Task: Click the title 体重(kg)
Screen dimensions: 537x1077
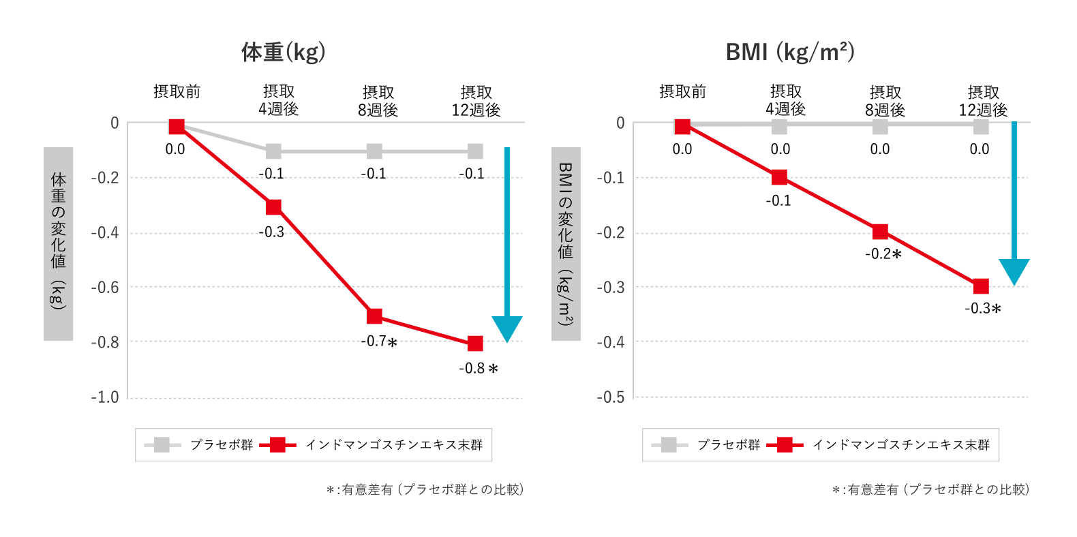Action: click(x=283, y=52)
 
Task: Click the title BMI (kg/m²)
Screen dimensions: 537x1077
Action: click(x=789, y=52)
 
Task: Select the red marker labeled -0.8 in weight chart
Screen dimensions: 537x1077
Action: click(x=475, y=343)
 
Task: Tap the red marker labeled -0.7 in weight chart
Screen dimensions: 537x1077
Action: click(x=374, y=316)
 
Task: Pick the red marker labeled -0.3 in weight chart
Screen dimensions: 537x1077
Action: click(x=273, y=207)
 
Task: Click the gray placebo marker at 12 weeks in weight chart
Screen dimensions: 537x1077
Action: click(x=475, y=151)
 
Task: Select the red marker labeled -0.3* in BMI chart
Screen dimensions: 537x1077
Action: click(x=981, y=286)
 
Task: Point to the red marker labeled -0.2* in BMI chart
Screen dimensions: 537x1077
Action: click(x=880, y=232)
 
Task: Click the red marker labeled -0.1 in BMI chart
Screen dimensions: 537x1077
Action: click(x=779, y=178)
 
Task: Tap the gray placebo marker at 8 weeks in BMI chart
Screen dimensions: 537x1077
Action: click(x=880, y=127)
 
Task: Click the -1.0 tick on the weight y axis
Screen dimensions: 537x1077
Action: click(x=105, y=397)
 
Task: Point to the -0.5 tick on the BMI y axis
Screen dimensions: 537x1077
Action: click(x=611, y=397)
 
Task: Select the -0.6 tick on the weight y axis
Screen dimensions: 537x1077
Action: click(x=105, y=288)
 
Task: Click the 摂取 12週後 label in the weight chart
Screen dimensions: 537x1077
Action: click(x=476, y=101)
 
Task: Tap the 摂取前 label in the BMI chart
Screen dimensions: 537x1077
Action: click(x=682, y=92)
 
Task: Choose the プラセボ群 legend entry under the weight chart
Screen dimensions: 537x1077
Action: click(x=222, y=445)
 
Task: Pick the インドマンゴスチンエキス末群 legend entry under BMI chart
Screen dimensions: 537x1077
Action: click(x=900, y=445)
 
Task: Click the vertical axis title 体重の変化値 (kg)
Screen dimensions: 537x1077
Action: click(x=59, y=243)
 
